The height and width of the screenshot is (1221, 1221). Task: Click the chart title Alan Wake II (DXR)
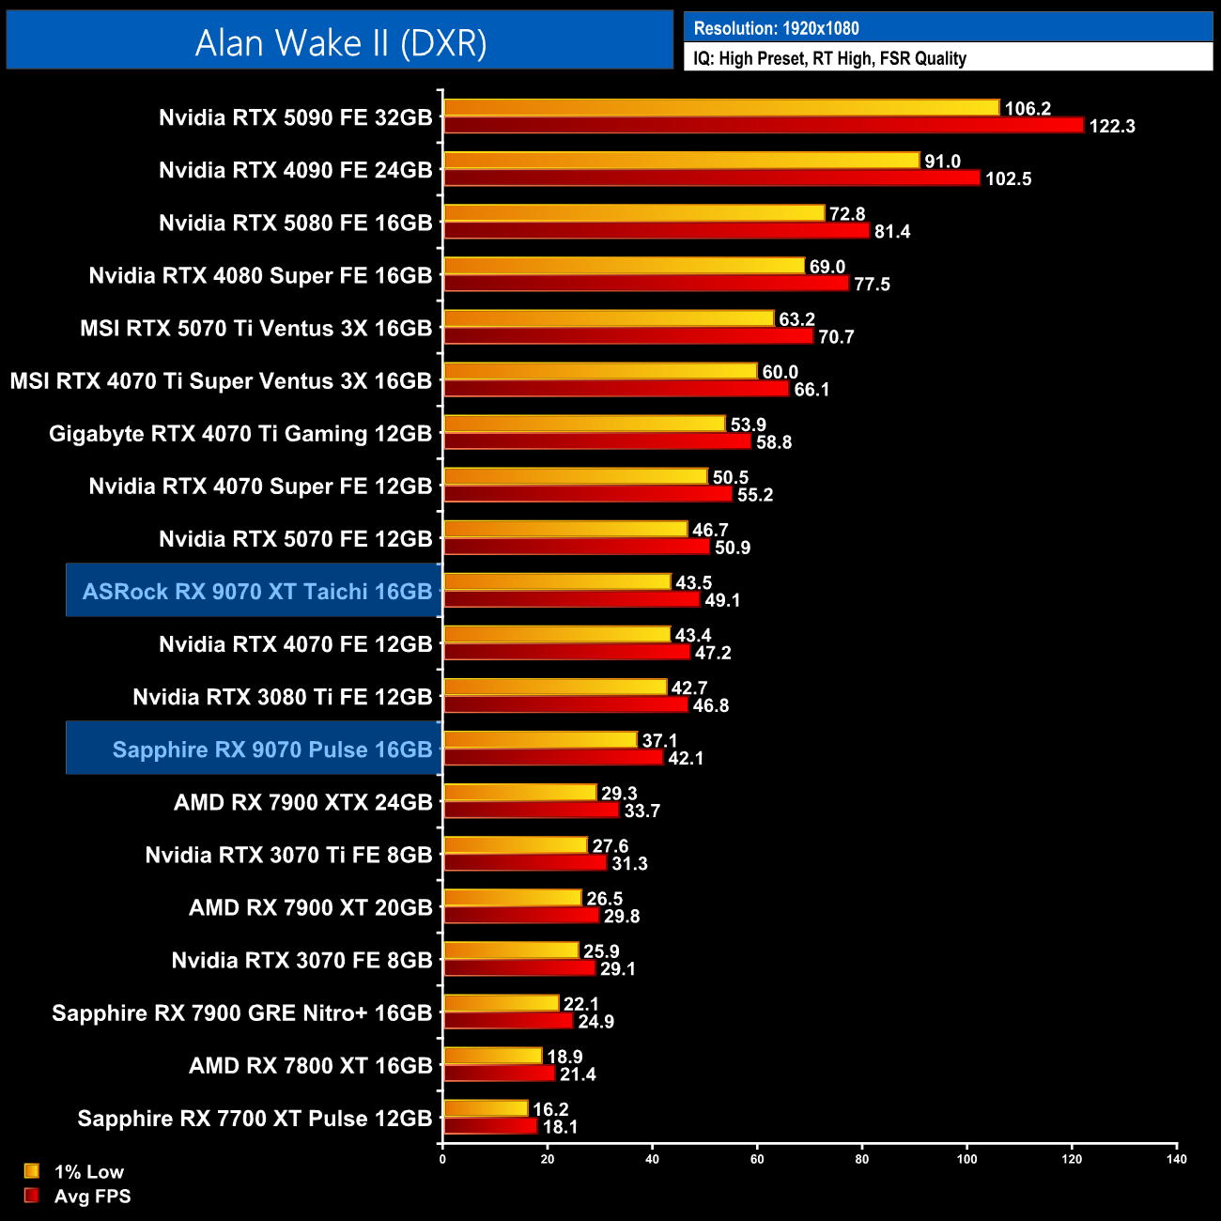(340, 42)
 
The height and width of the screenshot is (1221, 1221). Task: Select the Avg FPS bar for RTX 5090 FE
(763, 126)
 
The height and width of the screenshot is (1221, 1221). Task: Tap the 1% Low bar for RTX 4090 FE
(681, 161)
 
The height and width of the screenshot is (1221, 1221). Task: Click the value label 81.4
(892, 232)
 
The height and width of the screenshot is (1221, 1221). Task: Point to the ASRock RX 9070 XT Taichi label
(256, 592)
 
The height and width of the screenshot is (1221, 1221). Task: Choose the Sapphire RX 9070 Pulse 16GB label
(271, 750)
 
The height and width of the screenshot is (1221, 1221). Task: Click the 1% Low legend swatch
(32, 1171)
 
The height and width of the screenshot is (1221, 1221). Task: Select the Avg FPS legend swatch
(32, 1196)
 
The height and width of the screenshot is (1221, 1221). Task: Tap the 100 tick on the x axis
(966, 1159)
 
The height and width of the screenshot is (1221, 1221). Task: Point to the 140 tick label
(1176, 1159)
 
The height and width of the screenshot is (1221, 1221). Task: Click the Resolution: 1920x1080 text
(776, 28)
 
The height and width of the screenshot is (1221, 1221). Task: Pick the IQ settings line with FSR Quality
(829, 58)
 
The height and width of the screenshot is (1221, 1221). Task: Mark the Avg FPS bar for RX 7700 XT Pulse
(490, 1126)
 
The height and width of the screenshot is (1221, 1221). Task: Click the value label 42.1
(686, 758)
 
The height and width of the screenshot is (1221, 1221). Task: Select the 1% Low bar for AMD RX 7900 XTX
(519, 793)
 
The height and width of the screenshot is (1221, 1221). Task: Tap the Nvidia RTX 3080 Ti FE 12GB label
(282, 697)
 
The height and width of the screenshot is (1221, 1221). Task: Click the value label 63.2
(796, 319)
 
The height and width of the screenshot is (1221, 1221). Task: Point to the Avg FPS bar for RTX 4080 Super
(646, 284)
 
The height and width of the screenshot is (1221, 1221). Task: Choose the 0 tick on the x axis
(442, 1159)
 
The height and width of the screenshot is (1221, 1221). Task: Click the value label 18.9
(564, 1057)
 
